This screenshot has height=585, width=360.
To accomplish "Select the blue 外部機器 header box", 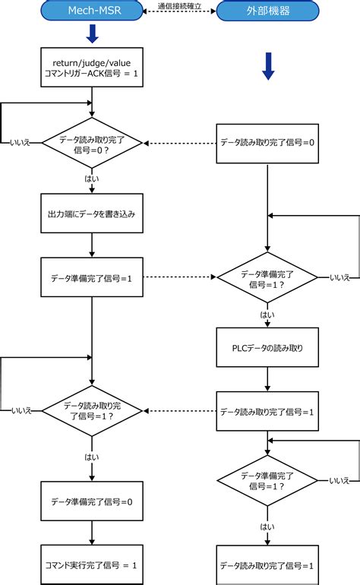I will (267, 11).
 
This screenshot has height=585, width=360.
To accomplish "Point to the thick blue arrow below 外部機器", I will (267, 65).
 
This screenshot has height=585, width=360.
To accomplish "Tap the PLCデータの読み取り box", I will (267, 348).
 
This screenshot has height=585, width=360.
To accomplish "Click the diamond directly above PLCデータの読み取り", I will (267, 278).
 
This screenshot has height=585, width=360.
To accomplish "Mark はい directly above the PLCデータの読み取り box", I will (267, 314).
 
